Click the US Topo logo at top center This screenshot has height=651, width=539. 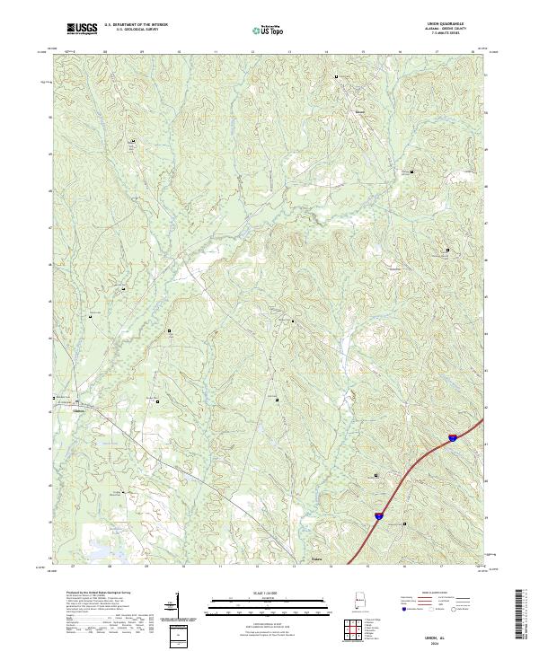click(x=269, y=30)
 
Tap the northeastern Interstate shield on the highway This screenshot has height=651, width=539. click(x=454, y=437)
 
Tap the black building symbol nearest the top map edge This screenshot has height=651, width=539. click(x=337, y=78)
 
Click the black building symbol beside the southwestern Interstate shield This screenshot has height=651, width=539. click(x=404, y=524)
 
